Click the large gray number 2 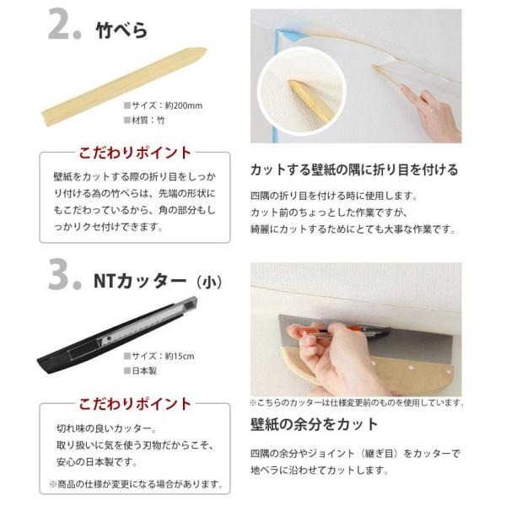point(60,24)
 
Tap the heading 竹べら point(121,30)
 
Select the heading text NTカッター point(140,281)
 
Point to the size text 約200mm point(184,105)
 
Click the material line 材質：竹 point(144,121)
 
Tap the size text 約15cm point(180,356)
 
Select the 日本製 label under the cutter point(141,371)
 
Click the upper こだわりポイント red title point(135,153)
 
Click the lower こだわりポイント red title point(135,404)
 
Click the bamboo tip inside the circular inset point(292,83)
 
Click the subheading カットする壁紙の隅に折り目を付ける point(354,170)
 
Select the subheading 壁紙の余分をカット point(315,424)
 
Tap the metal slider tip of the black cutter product point(191,302)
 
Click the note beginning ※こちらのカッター point(357,403)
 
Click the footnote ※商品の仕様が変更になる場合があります point(136,484)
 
